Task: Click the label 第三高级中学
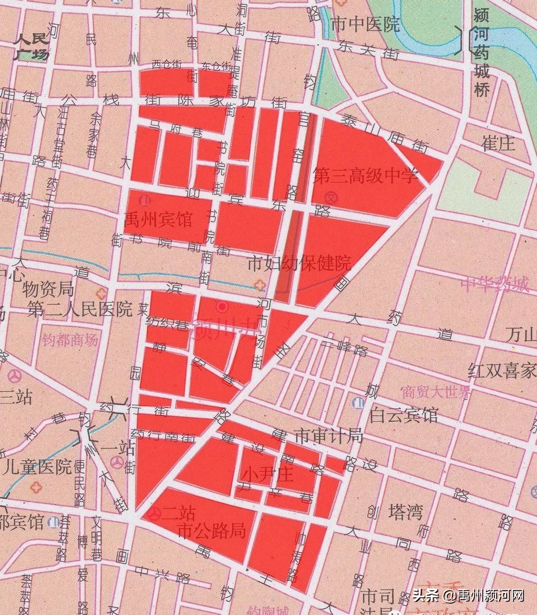tap(365, 176)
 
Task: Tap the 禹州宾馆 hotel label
tap(158, 219)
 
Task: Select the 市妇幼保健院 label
tap(299, 263)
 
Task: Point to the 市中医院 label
tap(365, 24)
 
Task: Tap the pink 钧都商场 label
tap(70, 340)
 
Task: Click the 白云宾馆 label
tap(403, 414)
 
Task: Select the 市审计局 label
tap(328, 436)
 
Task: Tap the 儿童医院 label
tap(37, 467)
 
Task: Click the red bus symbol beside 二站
tap(155, 514)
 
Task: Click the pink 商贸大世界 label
tap(436, 392)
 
